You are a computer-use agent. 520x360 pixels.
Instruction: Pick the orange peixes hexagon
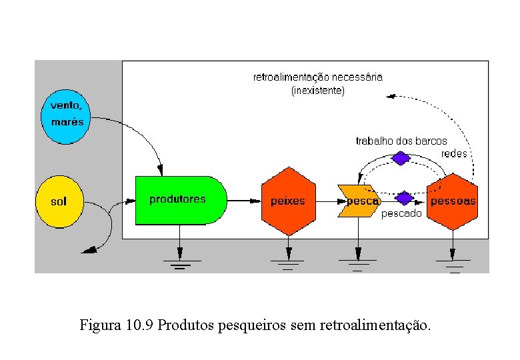coord(288,201)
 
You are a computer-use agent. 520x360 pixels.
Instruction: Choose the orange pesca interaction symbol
coord(359,201)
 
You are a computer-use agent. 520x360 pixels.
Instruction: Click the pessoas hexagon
coord(453,201)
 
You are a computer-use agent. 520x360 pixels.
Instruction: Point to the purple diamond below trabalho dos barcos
coord(400,158)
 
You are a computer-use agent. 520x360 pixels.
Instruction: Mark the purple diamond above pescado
coord(405,198)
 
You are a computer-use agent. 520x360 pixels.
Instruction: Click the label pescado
coord(401,214)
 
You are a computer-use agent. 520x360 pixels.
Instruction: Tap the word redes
coord(454,154)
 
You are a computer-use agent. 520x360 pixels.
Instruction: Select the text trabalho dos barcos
coord(401,141)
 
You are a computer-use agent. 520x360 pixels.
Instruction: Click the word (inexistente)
coord(318,90)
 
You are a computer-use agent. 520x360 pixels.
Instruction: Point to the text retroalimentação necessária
coord(318,77)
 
